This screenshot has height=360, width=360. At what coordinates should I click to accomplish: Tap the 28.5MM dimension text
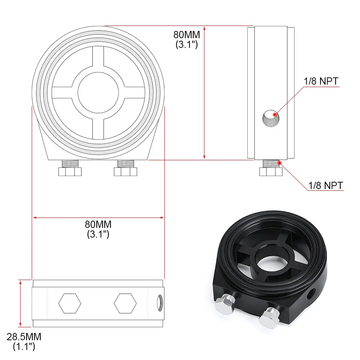coord(24,337)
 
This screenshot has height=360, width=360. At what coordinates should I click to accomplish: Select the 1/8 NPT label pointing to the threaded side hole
coord(321,81)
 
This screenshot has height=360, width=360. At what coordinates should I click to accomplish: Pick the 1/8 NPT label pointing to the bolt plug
coord(326,186)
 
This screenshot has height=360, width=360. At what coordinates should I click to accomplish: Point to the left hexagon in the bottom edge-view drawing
coord(69,303)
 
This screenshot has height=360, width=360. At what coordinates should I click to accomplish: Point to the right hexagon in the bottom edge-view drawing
coord(125,303)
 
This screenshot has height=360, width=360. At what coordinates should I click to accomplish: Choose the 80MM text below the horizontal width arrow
coord(98,224)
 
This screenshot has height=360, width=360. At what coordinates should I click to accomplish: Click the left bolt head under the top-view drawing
coord(70,172)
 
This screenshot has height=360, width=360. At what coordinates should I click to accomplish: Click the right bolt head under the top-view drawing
coord(126,172)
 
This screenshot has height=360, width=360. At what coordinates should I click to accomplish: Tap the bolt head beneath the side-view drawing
coord(270,172)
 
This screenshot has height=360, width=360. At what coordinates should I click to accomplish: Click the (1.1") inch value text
coord(24,347)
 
